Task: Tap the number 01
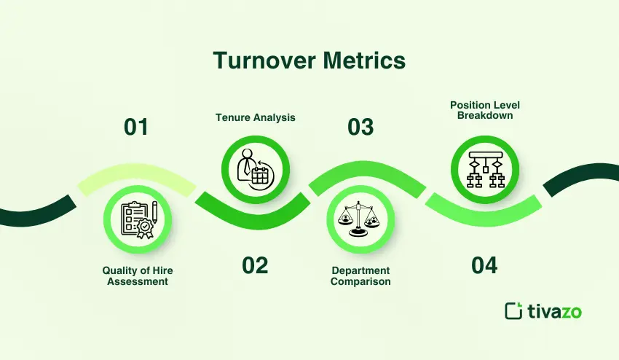click(136, 127)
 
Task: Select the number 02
click(255, 265)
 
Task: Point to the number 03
click(360, 127)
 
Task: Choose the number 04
click(484, 265)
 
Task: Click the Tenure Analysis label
click(255, 117)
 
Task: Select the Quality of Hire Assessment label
click(138, 276)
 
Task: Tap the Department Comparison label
click(360, 276)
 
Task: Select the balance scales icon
click(360, 218)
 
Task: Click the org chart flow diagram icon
click(484, 169)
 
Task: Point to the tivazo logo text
click(554, 311)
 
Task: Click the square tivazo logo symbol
click(514, 310)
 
